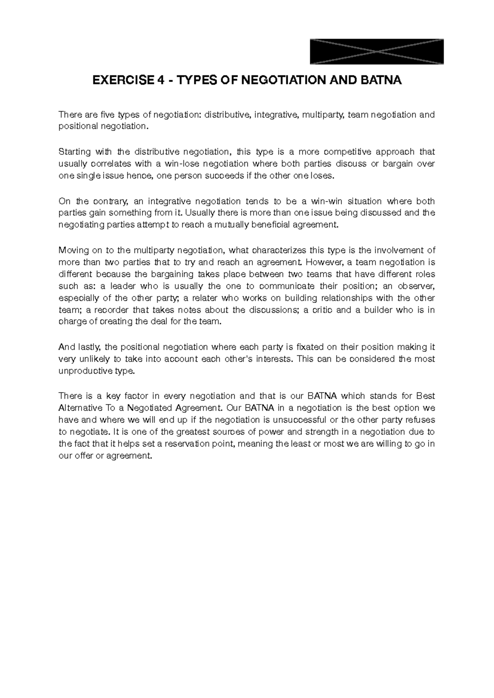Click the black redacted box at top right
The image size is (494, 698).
tap(376, 51)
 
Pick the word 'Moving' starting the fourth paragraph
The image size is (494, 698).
tap(72, 250)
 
